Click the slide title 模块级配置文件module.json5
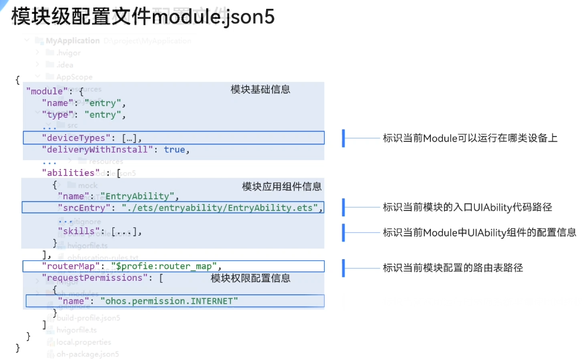[x=142, y=17]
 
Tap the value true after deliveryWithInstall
[x=174, y=150]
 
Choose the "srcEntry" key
[x=85, y=208]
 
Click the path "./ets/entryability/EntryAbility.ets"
[x=220, y=208]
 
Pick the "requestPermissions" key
[x=94, y=278]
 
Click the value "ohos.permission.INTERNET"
[x=169, y=301]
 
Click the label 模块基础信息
[x=260, y=90]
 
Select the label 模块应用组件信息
[x=282, y=186]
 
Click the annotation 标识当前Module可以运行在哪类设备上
[x=470, y=138]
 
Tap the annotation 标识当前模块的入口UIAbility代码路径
[x=467, y=207]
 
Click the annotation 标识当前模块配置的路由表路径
[x=452, y=267]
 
